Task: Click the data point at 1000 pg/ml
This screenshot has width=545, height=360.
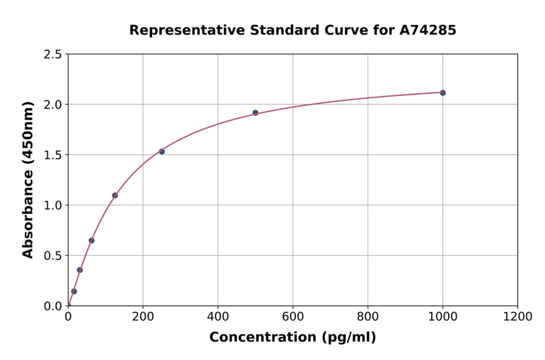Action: coord(443,93)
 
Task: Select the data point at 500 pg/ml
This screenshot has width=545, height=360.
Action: coord(255,113)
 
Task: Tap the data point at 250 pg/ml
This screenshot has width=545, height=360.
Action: coord(162,152)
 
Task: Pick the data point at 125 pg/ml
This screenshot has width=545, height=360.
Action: coord(114,195)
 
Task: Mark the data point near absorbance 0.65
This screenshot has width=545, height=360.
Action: coord(91,241)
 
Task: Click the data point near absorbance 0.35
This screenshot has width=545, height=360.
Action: coord(79,270)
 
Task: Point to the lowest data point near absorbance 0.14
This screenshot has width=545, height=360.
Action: coord(74,292)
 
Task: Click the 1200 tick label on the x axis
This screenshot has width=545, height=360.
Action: coord(517,317)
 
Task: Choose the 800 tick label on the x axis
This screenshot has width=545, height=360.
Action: coord(368,317)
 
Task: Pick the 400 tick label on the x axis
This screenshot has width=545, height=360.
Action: coord(217,317)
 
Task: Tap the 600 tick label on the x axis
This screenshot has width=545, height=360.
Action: coord(292,317)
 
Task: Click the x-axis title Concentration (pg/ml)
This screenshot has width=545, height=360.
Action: coord(292,338)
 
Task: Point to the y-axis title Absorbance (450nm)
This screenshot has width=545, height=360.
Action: coord(28,180)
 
